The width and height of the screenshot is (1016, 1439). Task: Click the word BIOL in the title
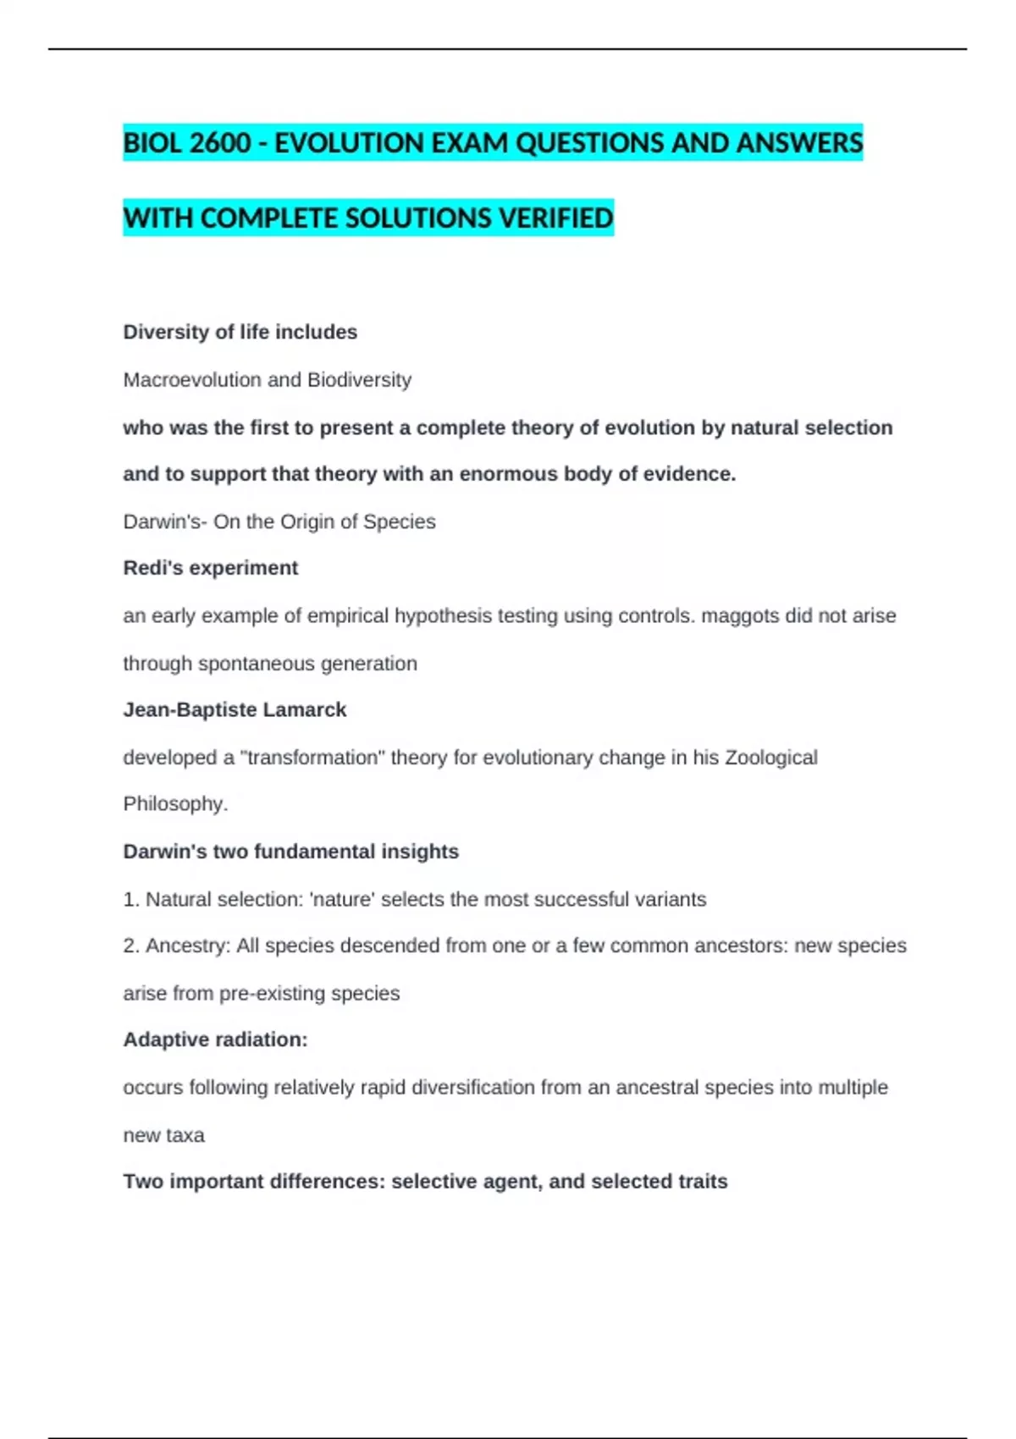click(x=152, y=143)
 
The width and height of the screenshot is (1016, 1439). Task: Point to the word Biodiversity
click(x=359, y=380)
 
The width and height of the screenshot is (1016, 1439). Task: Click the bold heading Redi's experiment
click(x=210, y=568)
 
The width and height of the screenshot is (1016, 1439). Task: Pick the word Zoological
click(x=770, y=758)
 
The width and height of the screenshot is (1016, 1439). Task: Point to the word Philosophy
click(x=175, y=804)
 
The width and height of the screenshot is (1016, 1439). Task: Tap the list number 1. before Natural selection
click(x=131, y=899)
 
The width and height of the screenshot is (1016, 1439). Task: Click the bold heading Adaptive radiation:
click(x=215, y=1039)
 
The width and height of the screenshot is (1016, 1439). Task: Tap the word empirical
click(x=348, y=615)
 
